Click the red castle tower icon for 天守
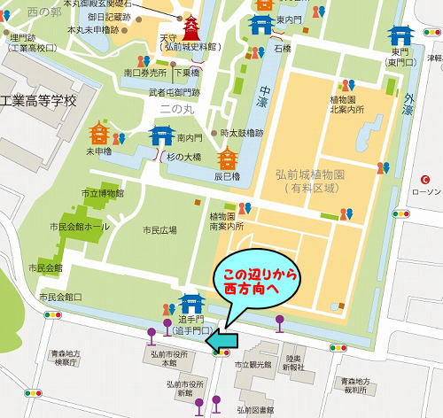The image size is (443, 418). point(190,28)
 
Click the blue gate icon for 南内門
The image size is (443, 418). point(161,135)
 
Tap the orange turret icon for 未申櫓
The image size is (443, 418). point(99,135)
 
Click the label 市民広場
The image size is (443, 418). point(159,230)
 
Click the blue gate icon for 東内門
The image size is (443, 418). point(260,24)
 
